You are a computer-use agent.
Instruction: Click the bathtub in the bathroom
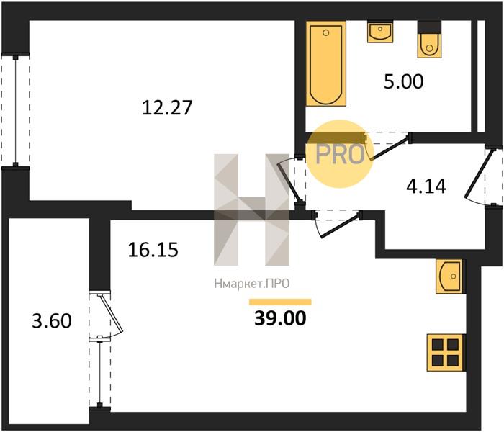click(x=326, y=63)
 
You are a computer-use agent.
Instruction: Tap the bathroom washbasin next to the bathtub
click(x=380, y=32)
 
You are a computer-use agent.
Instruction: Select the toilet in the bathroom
click(x=429, y=40)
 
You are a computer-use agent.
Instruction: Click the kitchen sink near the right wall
click(x=450, y=276)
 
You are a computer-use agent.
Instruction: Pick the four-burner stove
click(x=446, y=353)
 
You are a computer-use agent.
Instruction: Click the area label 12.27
click(x=167, y=107)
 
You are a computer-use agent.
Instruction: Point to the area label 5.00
click(x=404, y=81)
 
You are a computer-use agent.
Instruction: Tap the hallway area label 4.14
click(x=426, y=186)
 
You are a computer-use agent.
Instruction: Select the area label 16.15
click(x=153, y=250)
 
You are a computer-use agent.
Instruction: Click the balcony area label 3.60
click(x=52, y=321)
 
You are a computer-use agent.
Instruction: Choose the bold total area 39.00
click(x=280, y=318)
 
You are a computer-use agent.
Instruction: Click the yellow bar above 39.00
click(x=280, y=302)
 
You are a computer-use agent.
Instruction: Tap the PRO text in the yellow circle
click(x=340, y=155)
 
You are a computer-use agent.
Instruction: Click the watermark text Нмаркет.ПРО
click(x=252, y=284)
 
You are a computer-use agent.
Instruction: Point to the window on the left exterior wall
click(x=15, y=111)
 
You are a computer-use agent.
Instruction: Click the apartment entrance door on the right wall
click(x=478, y=174)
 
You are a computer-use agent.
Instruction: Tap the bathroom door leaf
click(x=390, y=148)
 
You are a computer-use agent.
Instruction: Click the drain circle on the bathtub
click(x=326, y=32)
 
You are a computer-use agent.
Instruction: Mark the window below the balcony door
click(x=100, y=373)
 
